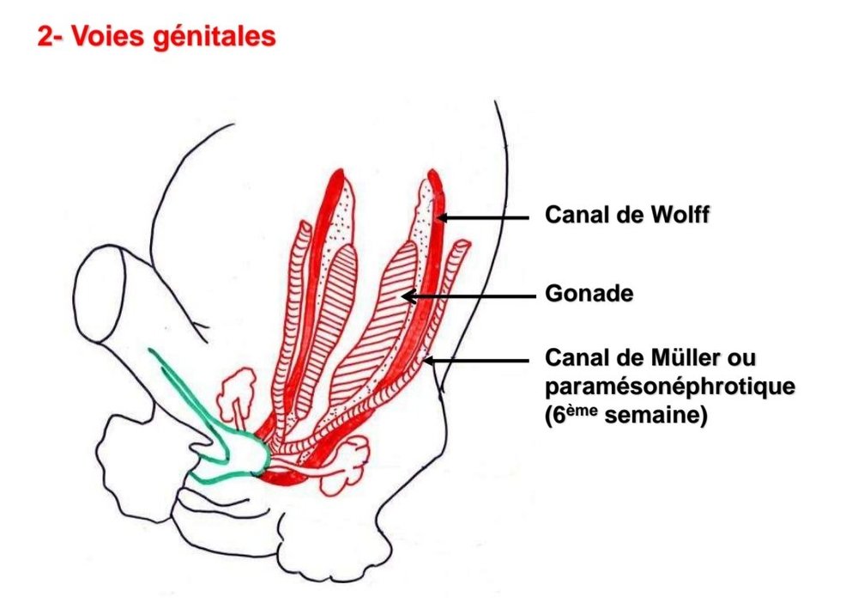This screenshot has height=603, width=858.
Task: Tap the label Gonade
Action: coord(589,295)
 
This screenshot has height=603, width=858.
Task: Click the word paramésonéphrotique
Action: coord(670,387)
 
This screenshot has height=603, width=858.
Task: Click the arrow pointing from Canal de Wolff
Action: coord(485,218)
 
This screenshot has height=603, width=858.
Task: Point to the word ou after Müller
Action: coord(742,357)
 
